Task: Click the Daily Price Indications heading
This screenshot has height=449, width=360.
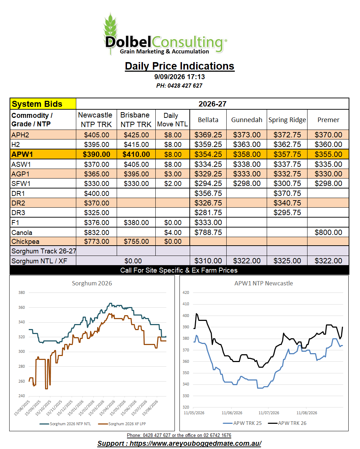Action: [x=179, y=66]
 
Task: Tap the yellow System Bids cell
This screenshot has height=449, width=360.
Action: [x=43, y=104]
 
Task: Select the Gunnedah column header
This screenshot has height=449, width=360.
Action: [x=247, y=120]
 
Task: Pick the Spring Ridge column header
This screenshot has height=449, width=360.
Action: [x=287, y=120]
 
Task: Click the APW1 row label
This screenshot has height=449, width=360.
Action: [x=22, y=154]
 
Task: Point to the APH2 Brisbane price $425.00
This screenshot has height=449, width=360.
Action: [x=136, y=135]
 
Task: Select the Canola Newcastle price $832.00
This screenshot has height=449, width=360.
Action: [x=96, y=232]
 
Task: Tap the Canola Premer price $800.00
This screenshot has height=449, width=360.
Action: [x=328, y=232]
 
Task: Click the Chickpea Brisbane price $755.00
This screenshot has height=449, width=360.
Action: [x=136, y=241]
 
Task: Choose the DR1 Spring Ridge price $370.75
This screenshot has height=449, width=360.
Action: [x=287, y=193]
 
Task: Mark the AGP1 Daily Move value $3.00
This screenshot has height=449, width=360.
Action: [x=173, y=174]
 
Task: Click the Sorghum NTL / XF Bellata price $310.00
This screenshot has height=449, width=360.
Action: [x=208, y=261]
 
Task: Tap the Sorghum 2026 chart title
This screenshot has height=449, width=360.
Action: [x=92, y=283]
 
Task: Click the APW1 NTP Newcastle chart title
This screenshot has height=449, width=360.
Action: [x=264, y=283]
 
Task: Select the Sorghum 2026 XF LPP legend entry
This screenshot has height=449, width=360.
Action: [x=122, y=424]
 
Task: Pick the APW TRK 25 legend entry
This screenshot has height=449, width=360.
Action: [x=242, y=423]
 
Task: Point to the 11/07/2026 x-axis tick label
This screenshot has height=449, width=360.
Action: [x=268, y=413]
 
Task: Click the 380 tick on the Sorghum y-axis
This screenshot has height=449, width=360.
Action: [x=22, y=292]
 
